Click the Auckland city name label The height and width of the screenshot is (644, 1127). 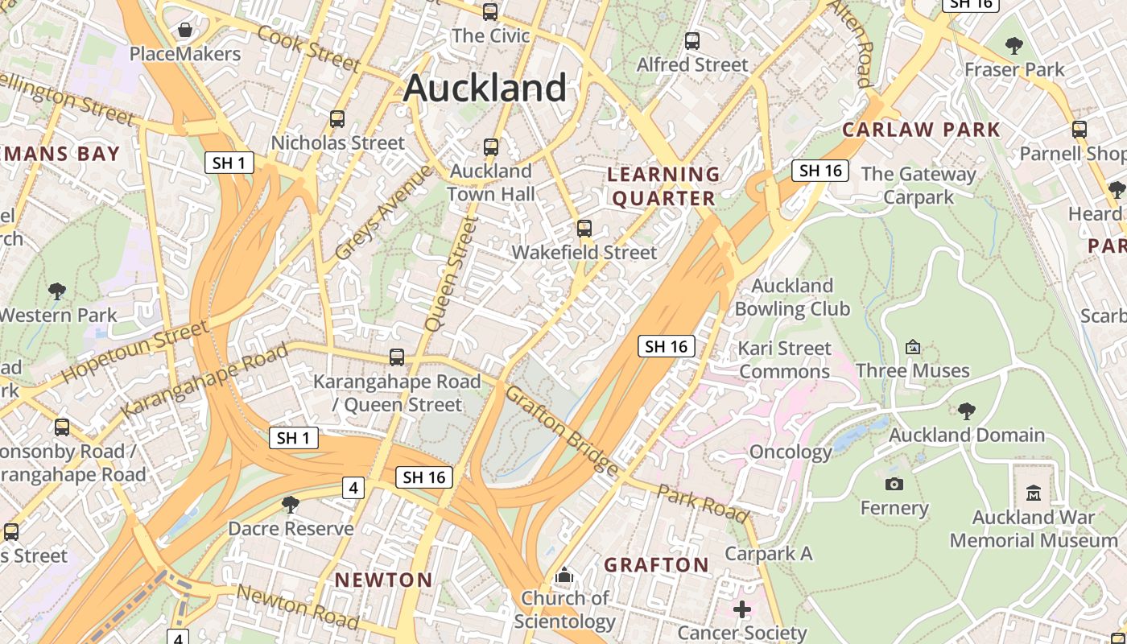click(485, 87)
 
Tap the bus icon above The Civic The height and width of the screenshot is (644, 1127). click(490, 12)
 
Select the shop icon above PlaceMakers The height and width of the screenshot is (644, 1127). click(185, 31)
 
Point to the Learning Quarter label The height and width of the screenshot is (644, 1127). click(664, 186)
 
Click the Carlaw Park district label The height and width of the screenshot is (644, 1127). click(921, 130)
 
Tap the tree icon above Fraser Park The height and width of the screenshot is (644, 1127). click(1014, 46)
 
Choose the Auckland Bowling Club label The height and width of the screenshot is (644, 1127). click(792, 297)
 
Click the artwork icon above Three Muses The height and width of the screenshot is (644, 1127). click(913, 347)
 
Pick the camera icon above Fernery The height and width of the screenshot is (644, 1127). click(894, 484)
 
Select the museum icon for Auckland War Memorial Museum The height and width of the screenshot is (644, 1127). click(1034, 493)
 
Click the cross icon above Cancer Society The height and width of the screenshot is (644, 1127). click(742, 609)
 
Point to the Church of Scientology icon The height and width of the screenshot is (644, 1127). click(564, 576)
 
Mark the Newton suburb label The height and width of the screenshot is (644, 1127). click(384, 580)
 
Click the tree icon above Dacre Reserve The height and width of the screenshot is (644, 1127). click(291, 505)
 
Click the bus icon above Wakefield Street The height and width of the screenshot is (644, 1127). click(584, 229)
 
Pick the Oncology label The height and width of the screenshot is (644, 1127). click(791, 452)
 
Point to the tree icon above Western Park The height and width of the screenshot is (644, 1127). click(57, 291)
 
